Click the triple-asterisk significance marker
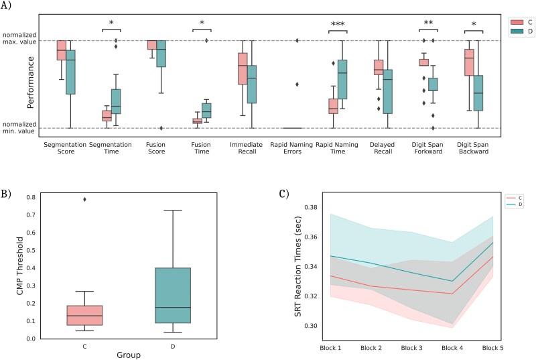[338, 24]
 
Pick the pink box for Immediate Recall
[243, 68]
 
